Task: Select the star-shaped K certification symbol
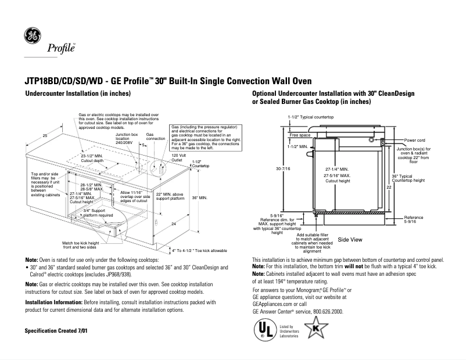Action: (316, 330)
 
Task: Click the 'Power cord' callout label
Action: (415, 140)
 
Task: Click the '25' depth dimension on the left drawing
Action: (45, 135)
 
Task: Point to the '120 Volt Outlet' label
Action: (178, 157)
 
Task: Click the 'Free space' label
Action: (300, 135)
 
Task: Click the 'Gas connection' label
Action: (155, 136)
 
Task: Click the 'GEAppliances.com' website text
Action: (272, 304)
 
